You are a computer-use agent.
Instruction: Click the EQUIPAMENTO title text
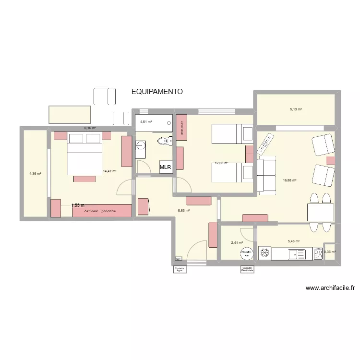click(x=157, y=91)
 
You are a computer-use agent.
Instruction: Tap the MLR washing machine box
click(x=166, y=168)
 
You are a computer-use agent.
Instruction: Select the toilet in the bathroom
click(x=165, y=141)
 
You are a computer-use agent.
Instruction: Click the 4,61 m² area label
click(x=146, y=122)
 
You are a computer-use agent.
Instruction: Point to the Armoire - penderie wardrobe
click(x=101, y=211)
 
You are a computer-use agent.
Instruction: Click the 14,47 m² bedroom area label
click(x=109, y=170)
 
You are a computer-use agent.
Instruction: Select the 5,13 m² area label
click(x=296, y=109)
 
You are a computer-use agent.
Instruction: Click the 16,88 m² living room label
click(x=290, y=180)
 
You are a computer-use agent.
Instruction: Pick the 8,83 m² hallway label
click(x=184, y=210)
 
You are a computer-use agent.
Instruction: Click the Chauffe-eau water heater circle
click(x=247, y=253)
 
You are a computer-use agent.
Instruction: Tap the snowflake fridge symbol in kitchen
click(x=264, y=253)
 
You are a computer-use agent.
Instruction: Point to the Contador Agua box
click(x=180, y=269)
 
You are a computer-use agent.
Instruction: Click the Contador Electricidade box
click(x=248, y=269)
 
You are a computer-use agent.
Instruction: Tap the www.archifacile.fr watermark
click(x=330, y=288)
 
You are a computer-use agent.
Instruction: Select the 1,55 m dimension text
click(x=78, y=205)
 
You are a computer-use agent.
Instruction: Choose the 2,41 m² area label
click(x=237, y=242)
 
